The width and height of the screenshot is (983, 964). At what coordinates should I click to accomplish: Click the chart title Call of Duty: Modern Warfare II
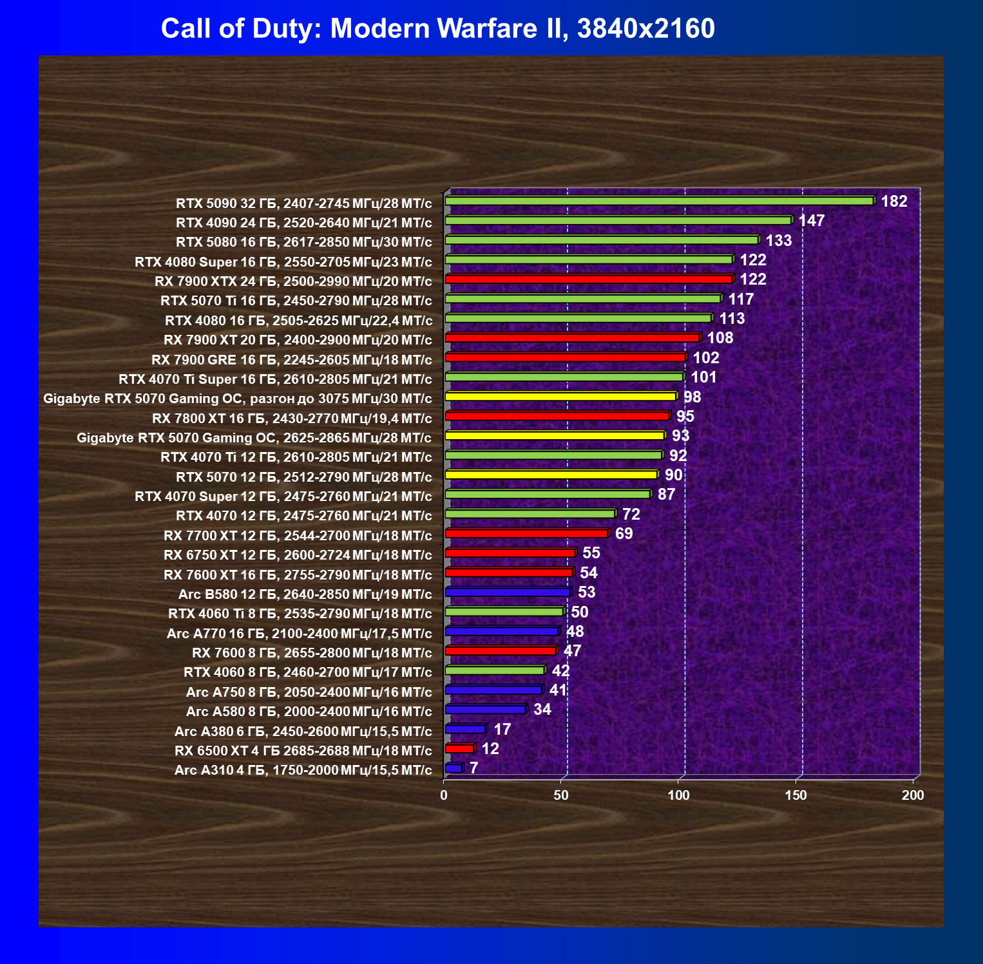[x=437, y=29]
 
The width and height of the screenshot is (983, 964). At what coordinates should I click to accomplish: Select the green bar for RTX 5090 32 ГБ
[x=658, y=202]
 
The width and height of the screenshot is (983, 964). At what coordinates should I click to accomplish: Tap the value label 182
[x=894, y=202]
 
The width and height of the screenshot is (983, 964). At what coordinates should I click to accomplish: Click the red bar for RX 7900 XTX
[x=589, y=279]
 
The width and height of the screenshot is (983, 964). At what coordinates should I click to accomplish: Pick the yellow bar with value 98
[x=560, y=397]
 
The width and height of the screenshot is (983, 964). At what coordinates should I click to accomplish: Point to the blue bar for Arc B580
[x=508, y=592]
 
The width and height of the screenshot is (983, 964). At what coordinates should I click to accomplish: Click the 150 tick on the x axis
[x=796, y=795]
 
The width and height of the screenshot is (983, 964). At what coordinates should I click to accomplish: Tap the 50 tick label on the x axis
[x=561, y=795]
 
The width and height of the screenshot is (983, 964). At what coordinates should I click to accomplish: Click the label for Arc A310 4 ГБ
[x=303, y=770]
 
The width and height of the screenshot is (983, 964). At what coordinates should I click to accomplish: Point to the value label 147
[x=812, y=221]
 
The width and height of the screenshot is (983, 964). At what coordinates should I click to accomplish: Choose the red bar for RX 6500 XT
[x=459, y=749]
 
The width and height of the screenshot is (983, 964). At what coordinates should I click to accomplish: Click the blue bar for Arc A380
[x=465, y=730]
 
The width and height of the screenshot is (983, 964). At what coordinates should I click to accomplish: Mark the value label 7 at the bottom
[x=473, y=768]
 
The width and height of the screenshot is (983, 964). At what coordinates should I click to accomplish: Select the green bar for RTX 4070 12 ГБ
[x=530, y=515]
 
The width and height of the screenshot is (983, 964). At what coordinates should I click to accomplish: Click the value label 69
[x=624, y=534]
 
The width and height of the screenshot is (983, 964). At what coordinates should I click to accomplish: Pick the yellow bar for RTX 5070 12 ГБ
[x=551, y=475]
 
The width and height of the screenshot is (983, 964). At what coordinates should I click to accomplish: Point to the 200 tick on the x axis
[x=913, y=795]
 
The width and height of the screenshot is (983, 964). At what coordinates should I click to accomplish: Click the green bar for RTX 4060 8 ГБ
[x=495, y=671]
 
